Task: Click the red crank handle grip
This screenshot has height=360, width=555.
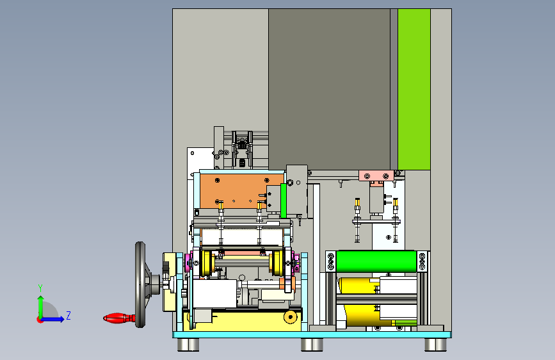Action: (x=119, y=318)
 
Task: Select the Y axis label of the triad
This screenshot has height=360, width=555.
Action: (x=40, y=288)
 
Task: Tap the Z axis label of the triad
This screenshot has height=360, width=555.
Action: (x=68, y=315)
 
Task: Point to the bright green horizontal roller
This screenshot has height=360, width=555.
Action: (x=376, y=261)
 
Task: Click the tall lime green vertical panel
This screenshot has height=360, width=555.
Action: (x=414, y=89)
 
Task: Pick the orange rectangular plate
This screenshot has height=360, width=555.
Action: (x=241, y=191)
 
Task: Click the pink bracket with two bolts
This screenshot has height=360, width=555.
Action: (x=376, y=176)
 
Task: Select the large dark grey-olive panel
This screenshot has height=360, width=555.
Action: (x=329, y=89)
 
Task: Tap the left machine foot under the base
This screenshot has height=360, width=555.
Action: (x=188, y=345)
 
